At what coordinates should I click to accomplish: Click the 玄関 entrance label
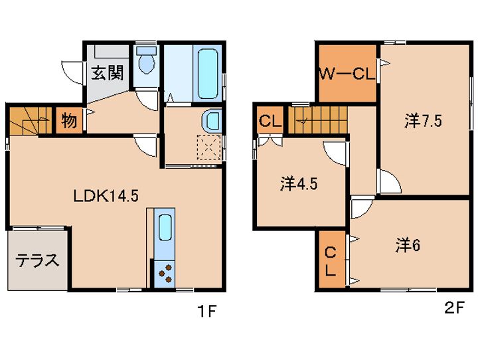coord(108,73)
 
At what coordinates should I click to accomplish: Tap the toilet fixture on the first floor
coord(147,60)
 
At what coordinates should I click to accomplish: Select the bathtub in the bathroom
coord(208,74)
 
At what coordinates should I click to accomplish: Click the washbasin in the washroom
coord(211,120)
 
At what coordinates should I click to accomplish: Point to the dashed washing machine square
coord(209,147)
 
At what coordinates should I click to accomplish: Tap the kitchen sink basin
coord(165,227)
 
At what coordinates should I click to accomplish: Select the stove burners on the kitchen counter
coord(165,274)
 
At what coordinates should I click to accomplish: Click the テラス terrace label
coord(37,260)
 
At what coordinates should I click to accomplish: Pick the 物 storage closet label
coord(69,120)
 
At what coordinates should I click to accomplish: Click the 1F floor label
coord(207,311)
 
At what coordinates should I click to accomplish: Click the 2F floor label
coord(454,308)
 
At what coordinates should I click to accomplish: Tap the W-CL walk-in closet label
coord(347,74)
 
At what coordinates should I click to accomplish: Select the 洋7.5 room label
coord(424,121)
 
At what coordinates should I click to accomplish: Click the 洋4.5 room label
coord(299,184)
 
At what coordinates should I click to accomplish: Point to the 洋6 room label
coord(408,245)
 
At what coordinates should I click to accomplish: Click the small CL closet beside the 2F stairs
coord(270,121)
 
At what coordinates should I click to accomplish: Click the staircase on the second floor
coord(317,120)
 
